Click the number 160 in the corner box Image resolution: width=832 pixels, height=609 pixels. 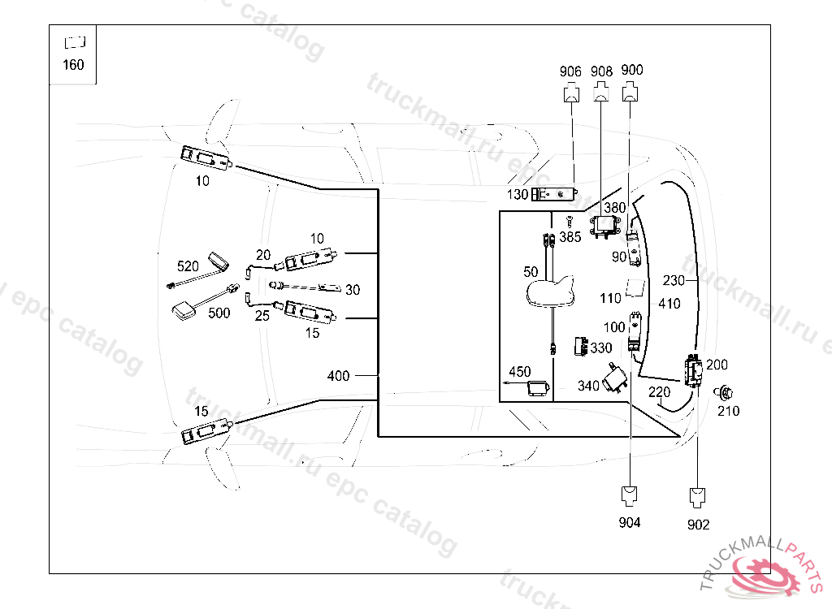click(x=73, y=65)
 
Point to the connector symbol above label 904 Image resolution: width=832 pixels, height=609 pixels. click(x=630, y=496)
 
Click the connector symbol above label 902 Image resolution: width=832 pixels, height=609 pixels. click(x=697, y=498)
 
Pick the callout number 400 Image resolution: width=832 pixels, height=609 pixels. click(x=338, y=376)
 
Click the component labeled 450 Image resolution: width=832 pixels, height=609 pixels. click(x=538, y=387)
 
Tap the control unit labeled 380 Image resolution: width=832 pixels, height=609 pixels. click(x=604, y=227)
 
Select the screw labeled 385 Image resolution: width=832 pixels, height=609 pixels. click(x=570, y=221)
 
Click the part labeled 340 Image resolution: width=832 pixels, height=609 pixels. click(x=616, y=378)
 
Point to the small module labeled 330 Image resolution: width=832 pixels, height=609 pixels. click(x=581, y=346)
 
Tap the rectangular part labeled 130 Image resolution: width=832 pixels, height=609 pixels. click(x=554, y=194)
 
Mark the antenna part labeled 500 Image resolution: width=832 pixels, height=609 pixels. click(x=184, y=310)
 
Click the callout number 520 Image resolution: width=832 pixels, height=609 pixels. click(x=188, y=266)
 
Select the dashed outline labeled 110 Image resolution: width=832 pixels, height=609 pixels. click(x=635, y=288)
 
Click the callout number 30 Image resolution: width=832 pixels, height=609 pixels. click(x=353, y=290)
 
